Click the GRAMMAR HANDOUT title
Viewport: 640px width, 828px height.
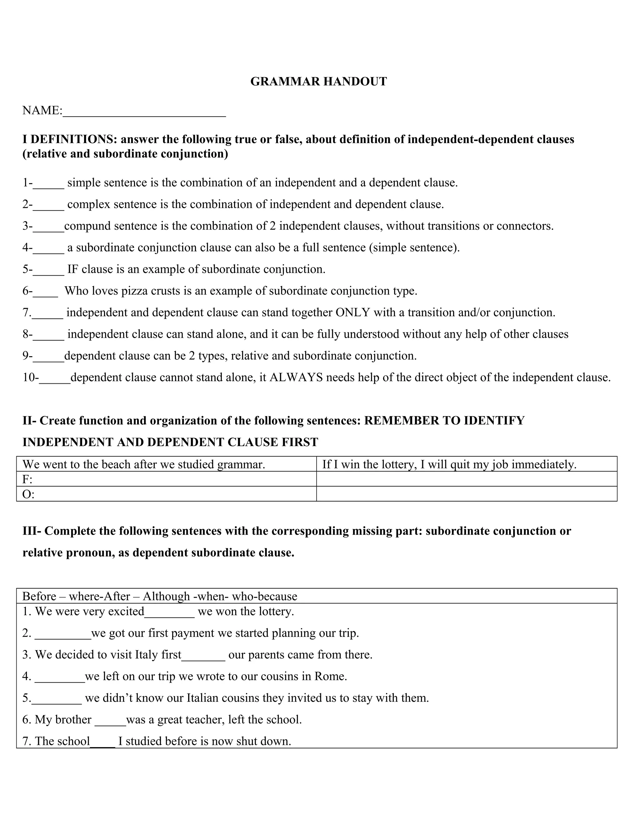point(318,82)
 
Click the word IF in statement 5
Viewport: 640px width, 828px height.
point(73,269)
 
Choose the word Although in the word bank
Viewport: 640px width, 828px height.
point(167,596)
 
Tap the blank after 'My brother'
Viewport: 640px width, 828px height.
point(110,722)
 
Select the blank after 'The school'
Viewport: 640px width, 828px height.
point(103,743)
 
